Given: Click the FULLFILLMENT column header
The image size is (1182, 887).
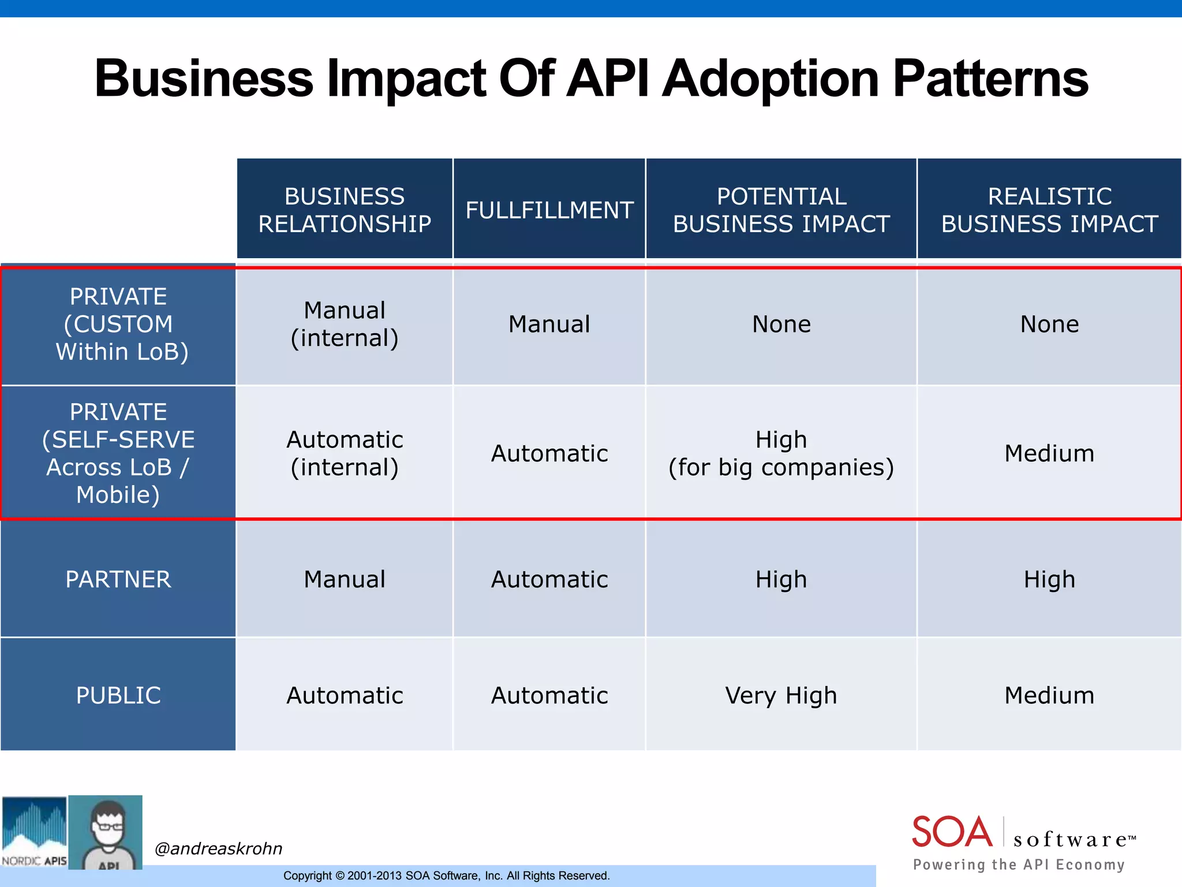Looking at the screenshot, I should point(549,210).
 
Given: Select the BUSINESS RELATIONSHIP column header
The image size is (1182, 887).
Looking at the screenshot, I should point(345,210).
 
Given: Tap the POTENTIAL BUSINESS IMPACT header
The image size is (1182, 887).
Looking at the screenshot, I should point(781,210).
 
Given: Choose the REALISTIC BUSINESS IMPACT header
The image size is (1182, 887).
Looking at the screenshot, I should point(1049,210).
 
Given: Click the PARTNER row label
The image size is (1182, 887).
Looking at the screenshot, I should point(118,579).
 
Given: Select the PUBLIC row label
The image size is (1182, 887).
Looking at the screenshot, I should point(118,695).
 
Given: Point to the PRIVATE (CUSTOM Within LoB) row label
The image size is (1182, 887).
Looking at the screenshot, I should point(118,325).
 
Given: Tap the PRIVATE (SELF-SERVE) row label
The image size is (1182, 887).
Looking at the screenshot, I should point(118,453).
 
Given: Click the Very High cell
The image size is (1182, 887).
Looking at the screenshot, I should point(781,695).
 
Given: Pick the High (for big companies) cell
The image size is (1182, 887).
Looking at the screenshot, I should point(781,453).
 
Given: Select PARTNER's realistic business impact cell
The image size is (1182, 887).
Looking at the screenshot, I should point(1049,579).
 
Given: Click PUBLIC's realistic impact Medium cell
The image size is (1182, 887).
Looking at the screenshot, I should point(1049,695).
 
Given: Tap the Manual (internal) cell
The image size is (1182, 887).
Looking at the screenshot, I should point(345,325).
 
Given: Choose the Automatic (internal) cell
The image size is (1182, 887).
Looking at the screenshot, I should point(345,453).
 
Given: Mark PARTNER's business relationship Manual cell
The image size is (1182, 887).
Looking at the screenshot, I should point(345,579).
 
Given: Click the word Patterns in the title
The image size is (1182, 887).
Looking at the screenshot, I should point(990,79).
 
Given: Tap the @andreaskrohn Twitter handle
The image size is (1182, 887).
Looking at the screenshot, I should point(218,848).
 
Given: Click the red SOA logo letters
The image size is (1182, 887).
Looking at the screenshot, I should point(952,832).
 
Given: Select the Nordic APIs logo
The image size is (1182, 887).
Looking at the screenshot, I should point(34,832).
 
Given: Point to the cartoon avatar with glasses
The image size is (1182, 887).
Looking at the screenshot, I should point(106,832).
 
